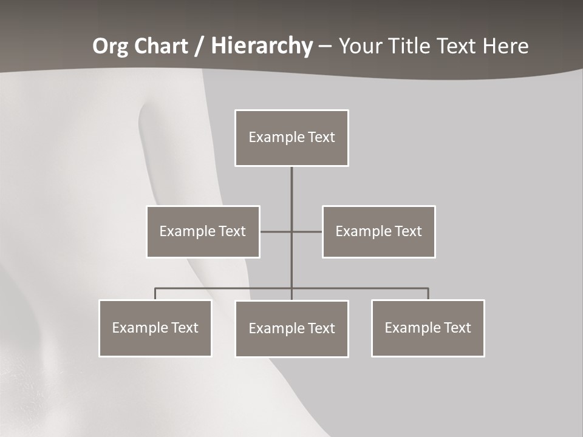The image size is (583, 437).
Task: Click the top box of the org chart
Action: (x=291, y=138)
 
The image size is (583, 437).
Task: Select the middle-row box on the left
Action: (x=203, y=231)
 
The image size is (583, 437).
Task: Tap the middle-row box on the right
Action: (x=378, y=231)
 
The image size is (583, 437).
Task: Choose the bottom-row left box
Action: (x=155, y=328)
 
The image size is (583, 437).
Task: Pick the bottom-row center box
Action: (x=291, y=328)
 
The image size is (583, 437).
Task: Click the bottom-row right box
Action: (x=428, y=328)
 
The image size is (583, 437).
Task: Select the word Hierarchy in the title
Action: (x=262, y=46)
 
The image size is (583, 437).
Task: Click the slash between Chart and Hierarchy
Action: (x=199, y=46)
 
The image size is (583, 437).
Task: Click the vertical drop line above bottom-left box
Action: (x=155, y=294)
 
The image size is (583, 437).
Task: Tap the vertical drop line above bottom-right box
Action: (x=428, y=294)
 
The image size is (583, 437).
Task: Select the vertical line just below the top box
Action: (x=291, y=182)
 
